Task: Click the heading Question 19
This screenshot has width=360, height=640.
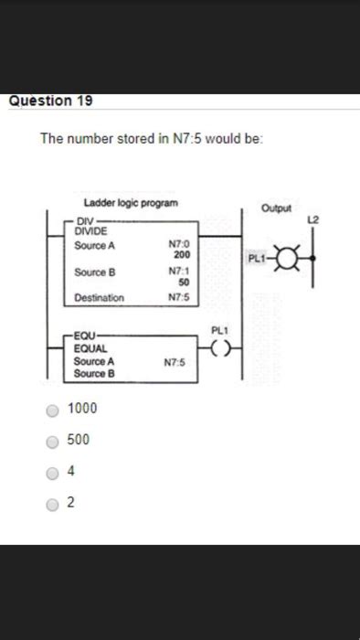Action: coord(50,101)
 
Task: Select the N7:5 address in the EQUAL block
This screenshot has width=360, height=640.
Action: coord(175,362)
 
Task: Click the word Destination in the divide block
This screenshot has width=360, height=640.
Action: coord(99,297)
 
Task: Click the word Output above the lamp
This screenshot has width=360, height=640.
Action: coord(275,208)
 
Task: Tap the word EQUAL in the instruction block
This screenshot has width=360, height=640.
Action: coord(91,348)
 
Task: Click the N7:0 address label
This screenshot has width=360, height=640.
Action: coord(178,244)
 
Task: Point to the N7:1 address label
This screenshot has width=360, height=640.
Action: coord(178,272)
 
